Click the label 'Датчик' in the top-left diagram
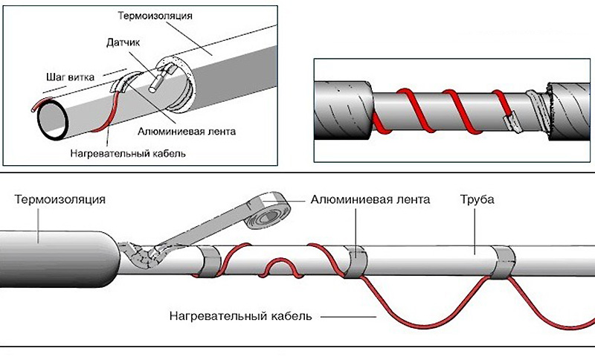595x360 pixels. click(123, 42)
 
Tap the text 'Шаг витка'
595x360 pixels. click(70, 77)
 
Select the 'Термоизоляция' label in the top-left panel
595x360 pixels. click(155, 16)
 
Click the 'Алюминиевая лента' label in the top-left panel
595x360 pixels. click(187, 132)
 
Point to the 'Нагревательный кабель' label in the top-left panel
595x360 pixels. click(128, 154)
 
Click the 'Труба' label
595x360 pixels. click(477, 200)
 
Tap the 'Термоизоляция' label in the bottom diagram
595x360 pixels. click(60, 199)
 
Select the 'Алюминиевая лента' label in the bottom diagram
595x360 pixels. click(370, 199)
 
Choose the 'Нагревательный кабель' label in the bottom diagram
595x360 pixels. click(240, 316)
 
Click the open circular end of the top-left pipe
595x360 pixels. click(52, 120)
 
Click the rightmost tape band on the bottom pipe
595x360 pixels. click(504, 261)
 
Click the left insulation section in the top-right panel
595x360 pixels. click(344, 110)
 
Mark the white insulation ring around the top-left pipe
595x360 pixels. click(176, 84)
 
